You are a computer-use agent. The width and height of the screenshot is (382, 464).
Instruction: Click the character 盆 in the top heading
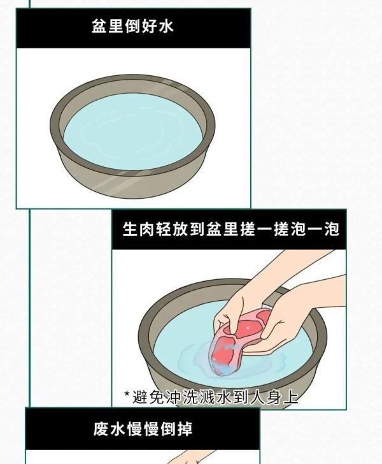click(99, 27)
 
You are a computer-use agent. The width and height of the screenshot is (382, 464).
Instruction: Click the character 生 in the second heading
click(130, 229)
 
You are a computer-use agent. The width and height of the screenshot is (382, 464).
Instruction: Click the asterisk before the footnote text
click(127, 395)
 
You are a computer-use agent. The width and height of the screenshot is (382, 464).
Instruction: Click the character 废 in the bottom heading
click(101, 429)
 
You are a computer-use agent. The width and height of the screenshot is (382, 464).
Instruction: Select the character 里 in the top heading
click(116, 27)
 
